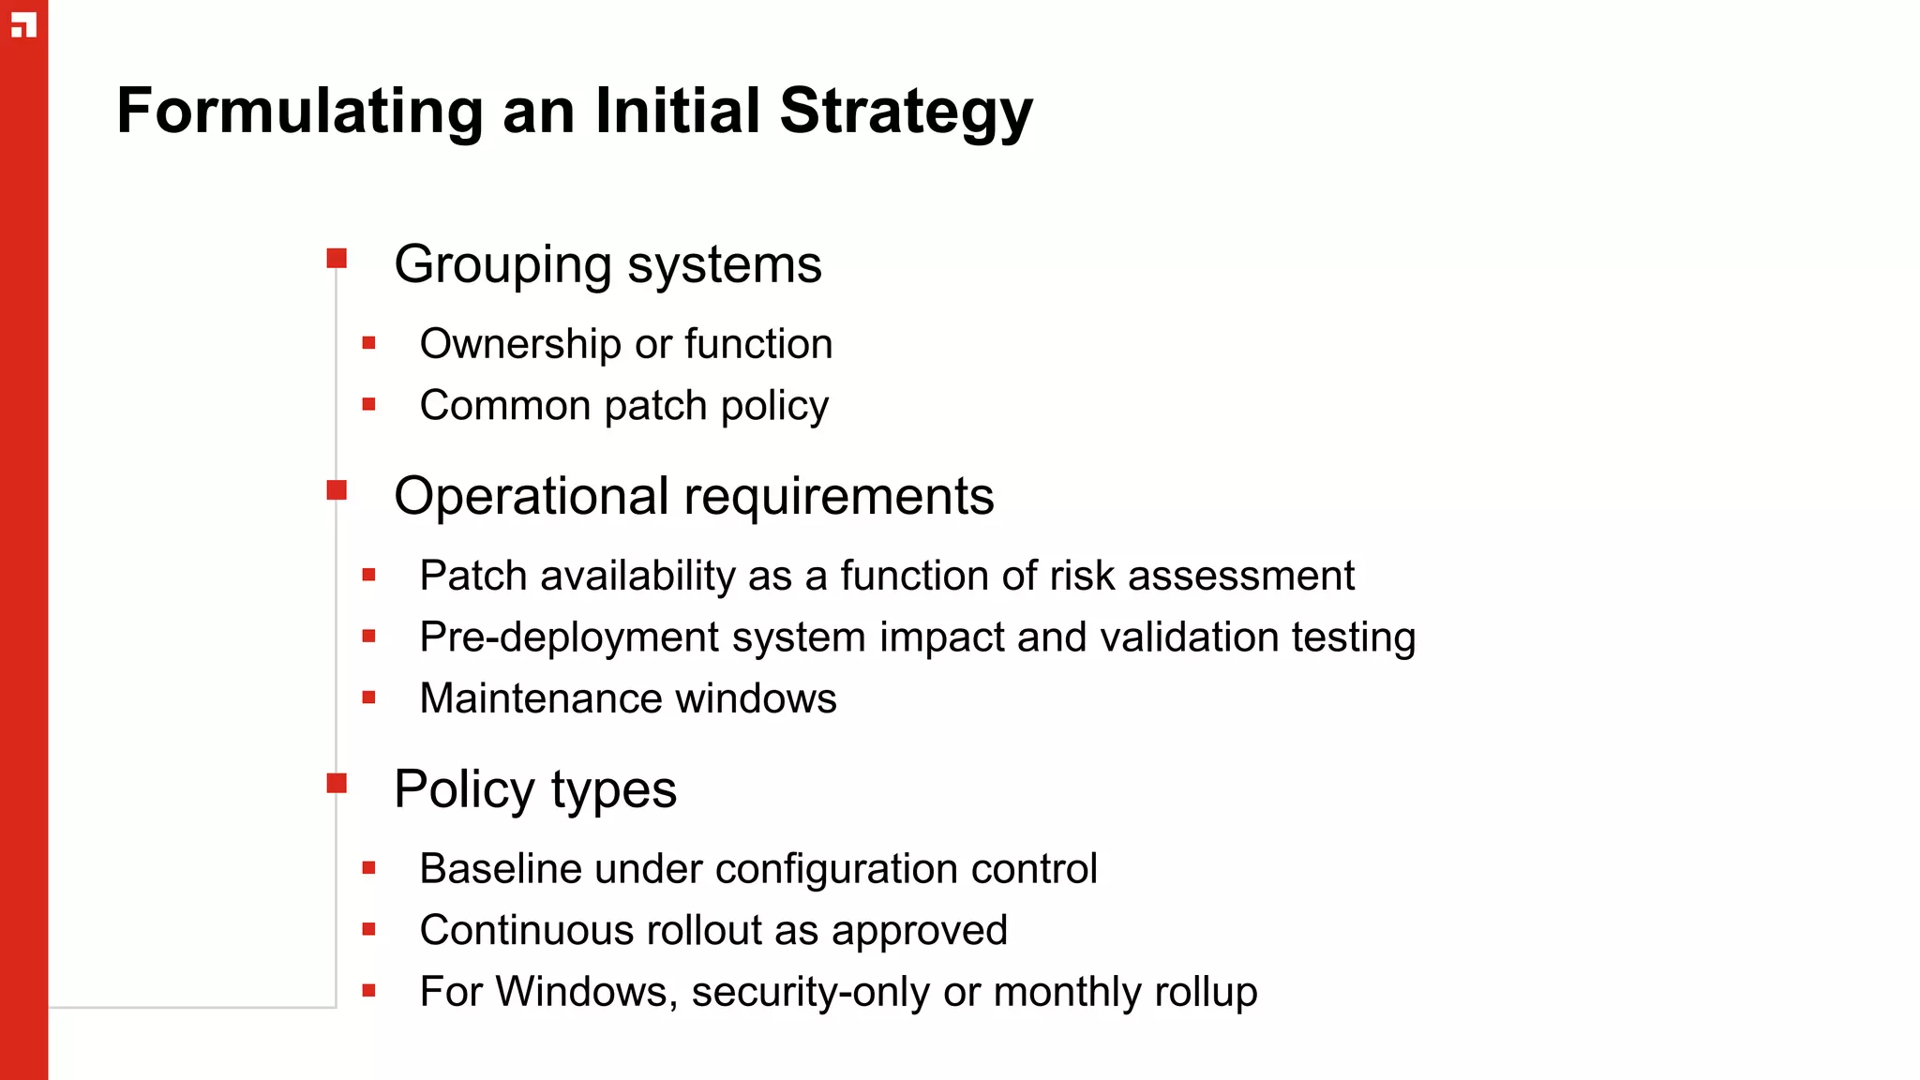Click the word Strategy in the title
point(906,112)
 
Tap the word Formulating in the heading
point(299,112)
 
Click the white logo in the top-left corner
point(23,25)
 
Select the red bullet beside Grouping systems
point(337,258)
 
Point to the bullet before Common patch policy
point(368,405)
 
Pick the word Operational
point(531,496)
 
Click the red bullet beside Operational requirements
point(337,489)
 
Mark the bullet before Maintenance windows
point(368,697)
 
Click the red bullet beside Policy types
point(337,783)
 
